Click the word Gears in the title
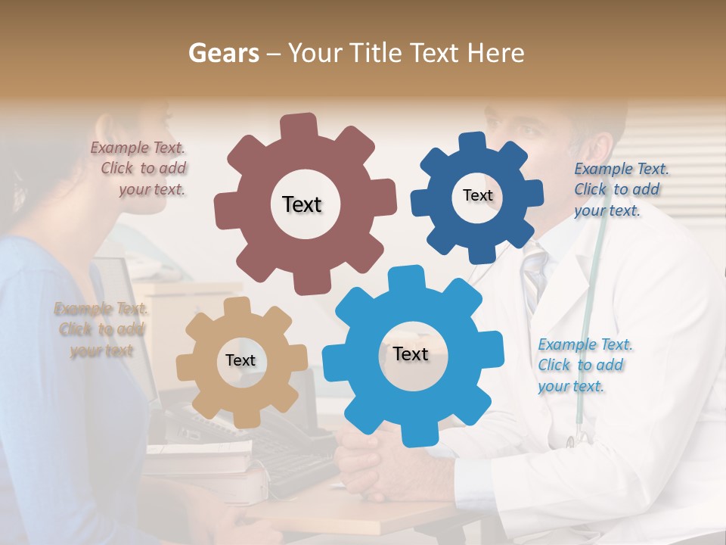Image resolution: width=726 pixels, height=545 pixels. click(x=223, y=53)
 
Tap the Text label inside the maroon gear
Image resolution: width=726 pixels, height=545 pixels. click(x=302, y=204)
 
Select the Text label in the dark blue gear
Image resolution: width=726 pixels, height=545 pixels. click(x=477, y=195)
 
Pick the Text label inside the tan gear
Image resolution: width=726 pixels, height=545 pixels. click(x=240, y=360)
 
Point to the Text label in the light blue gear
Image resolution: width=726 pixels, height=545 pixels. click(x=411, y=353)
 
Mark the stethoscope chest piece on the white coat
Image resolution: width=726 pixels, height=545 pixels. click(x=581, y=437)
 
